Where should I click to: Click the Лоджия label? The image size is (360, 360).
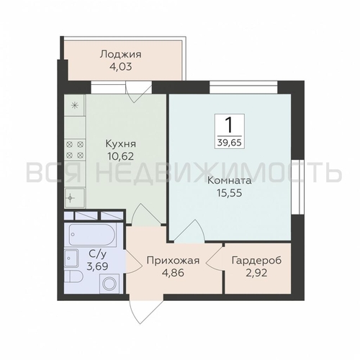point(120,54)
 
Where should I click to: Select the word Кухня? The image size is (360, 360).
point(119,141)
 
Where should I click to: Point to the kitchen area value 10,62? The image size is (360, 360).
point(119,154)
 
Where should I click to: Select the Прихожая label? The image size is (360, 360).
point(172,261)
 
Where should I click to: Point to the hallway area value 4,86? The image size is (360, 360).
point(172,274)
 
